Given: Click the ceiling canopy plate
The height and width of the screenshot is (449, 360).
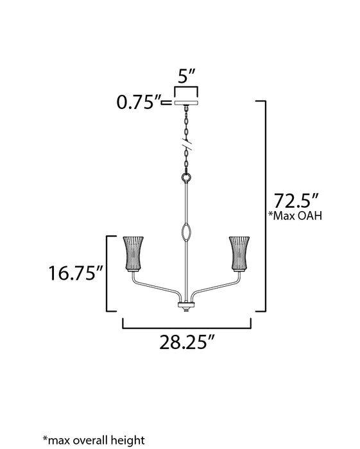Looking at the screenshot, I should point(187,105).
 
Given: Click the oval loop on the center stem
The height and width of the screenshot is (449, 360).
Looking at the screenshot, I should point(187,232).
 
